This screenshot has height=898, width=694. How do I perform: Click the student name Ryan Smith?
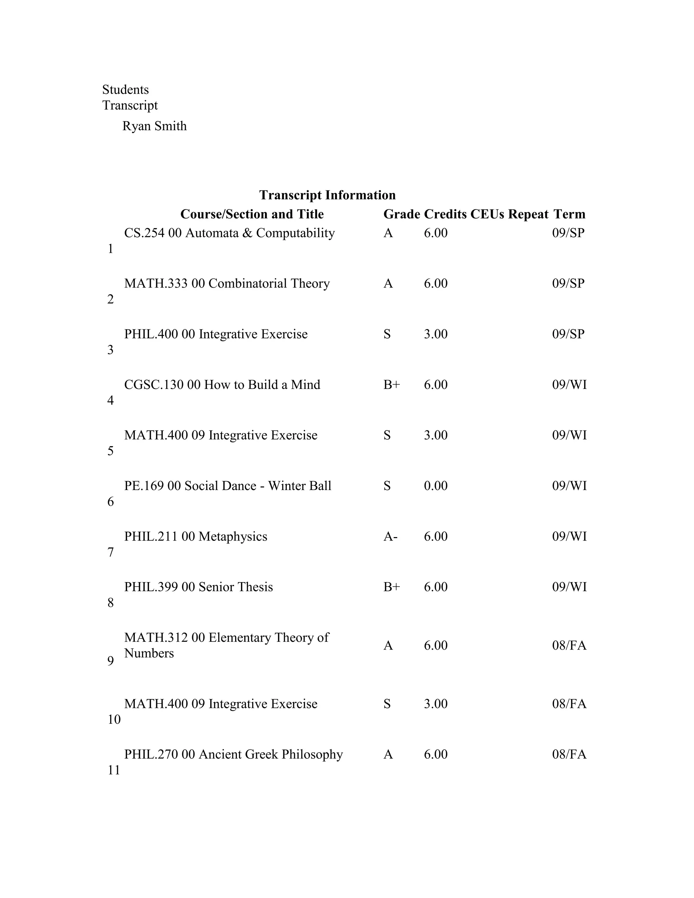[154, 126]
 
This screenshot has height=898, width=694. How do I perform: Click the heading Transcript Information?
[327, 195]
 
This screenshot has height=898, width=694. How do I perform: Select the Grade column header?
[401, 214]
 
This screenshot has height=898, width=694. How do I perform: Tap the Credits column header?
[445, 214]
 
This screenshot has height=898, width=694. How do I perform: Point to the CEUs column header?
[487, 214]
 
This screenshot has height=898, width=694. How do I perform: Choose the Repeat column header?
[528, 214]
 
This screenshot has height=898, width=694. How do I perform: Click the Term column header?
[569, 214]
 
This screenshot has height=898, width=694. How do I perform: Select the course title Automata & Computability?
[260, 233]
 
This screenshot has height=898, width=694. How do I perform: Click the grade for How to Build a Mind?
[391, 385]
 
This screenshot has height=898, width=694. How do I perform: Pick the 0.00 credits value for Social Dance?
[435, 486]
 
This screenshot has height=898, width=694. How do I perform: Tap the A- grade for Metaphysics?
[390, 536]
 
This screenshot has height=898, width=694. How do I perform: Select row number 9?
[110, 661]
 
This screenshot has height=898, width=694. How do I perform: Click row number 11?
[114, 770]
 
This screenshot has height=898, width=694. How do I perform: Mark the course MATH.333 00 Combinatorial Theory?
[227, 284]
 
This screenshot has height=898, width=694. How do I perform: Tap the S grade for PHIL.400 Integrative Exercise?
[387, 334]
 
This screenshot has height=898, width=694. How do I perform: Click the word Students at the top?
[125, 90]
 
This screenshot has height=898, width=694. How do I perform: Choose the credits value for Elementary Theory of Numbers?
[435, 646]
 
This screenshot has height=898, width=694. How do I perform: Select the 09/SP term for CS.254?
[568, 233]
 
